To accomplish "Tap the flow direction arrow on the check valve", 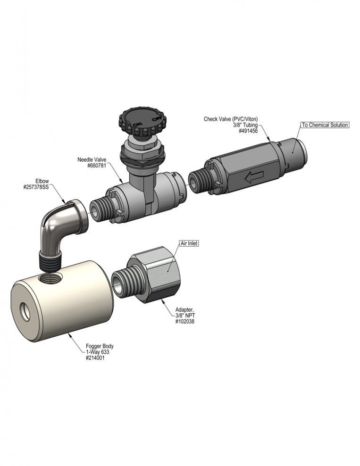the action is tap(254, 177).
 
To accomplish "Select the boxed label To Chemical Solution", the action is tap(325, 125).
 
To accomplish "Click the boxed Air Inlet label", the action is tap(189, 243).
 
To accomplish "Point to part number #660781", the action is tap(97, 166).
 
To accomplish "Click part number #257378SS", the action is tap(36, 187).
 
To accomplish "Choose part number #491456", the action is tap(248, 131).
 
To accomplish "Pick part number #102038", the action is tap(185, 321).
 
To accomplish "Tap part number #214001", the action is tap(95, 358).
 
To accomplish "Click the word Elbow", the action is tap(42, 181).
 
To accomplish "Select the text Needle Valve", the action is tap(92, 159).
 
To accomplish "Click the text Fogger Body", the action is tap(100, 346).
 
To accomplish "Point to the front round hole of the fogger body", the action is tap(25, 312).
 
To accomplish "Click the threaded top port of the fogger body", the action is tap(50, 278).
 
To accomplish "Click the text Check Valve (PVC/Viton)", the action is tap(231, 119).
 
